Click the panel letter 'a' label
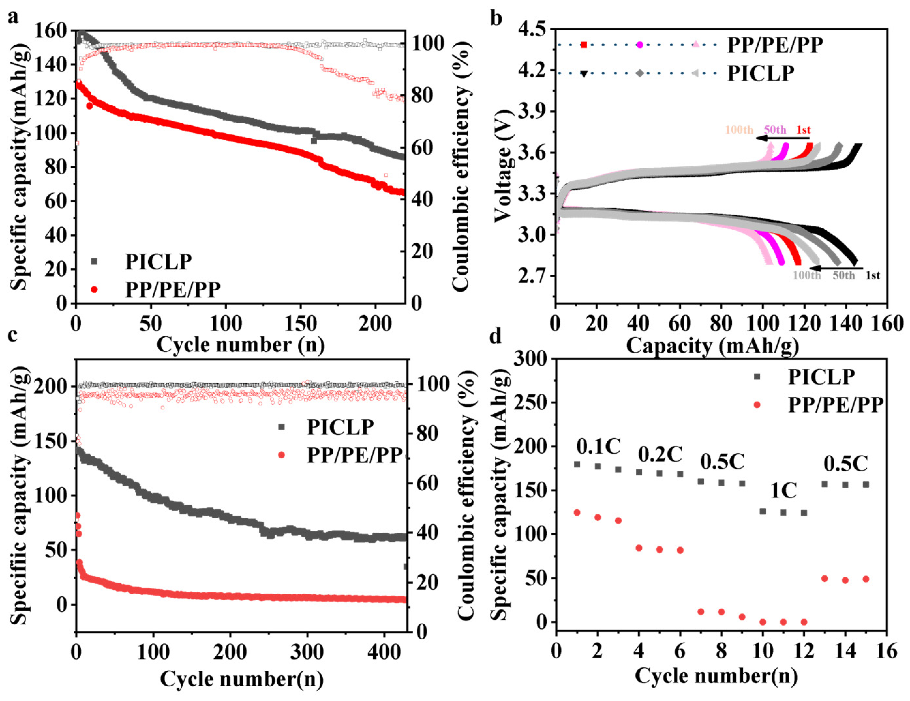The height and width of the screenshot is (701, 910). coord(13,18)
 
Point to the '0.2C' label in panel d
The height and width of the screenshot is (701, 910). coord(660,454)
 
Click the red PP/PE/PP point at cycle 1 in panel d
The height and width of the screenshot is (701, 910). coord(577,513)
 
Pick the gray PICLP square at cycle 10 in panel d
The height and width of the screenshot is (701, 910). coord(763,511)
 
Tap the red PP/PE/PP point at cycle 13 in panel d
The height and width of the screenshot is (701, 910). coord(824,578)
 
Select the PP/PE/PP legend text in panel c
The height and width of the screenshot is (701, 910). coord(355,455)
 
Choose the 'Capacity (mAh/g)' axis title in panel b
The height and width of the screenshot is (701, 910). coord(712,345)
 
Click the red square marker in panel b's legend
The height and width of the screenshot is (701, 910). coord(584,45)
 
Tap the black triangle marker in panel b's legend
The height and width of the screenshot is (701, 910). coord(584,74)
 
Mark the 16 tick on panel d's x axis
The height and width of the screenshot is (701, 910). coord(887,650)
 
